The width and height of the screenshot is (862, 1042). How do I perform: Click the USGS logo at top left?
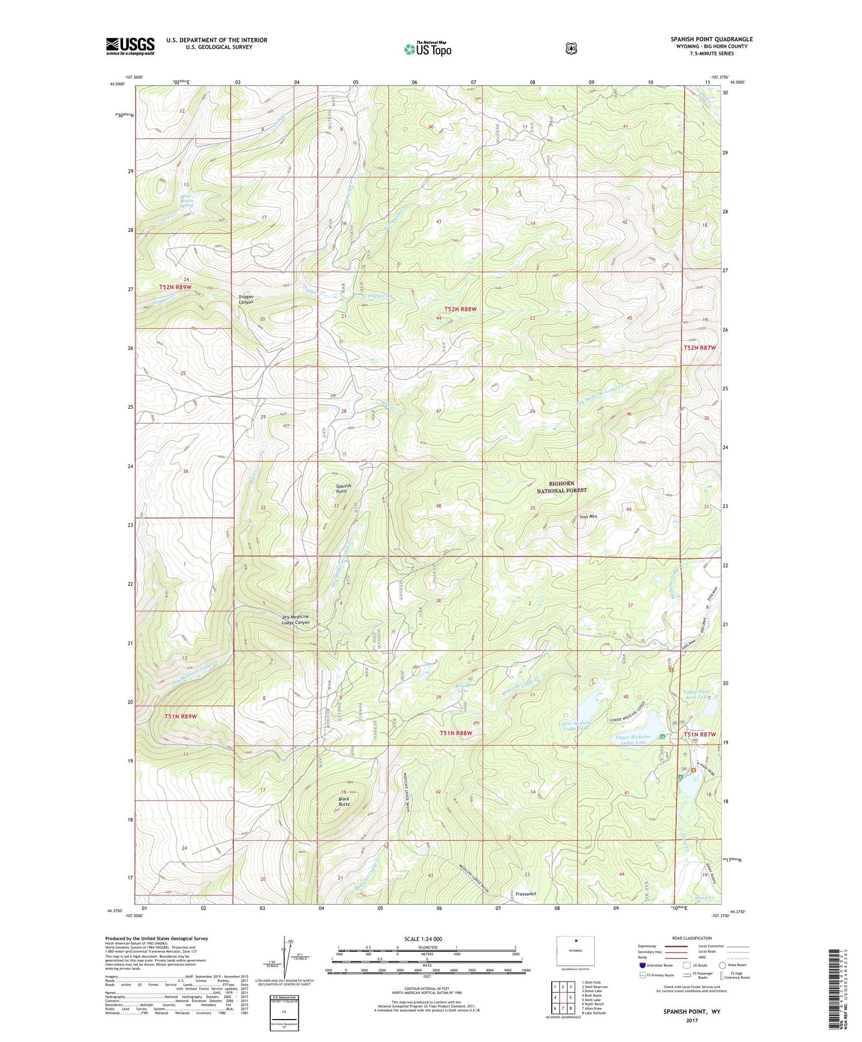pos(130,46)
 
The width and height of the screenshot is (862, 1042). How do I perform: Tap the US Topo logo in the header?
pos(428,49)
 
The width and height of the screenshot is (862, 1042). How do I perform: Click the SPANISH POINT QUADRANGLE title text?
pos(711,39)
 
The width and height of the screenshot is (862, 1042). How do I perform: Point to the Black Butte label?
pos(344,801)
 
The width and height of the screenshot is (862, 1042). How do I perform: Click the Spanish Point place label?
pos(343,489)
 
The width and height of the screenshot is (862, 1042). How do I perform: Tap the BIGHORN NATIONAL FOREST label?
pos(561,487)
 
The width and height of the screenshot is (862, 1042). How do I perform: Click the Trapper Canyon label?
pos(246,299)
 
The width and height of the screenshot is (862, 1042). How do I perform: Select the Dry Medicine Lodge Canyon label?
pos(296,620)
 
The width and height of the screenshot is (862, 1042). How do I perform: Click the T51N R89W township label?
pos(180,717)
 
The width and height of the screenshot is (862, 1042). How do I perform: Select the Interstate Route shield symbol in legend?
pos(642,965)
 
